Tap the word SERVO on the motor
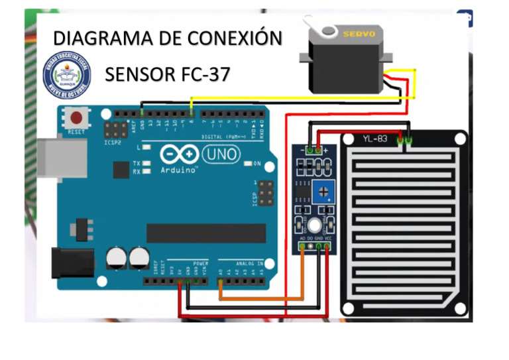(x=359, y=33)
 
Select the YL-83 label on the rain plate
(x=374, y=139)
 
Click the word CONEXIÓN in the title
(x=235, y=38)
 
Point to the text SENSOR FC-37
(x=167, y=74)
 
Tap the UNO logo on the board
(x=221, y=154)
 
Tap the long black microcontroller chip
(x=205, y=233)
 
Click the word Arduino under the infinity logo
(x=179, y=170)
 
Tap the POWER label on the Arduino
(x=200, y=263)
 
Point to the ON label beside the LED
(x=257, y=163)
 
